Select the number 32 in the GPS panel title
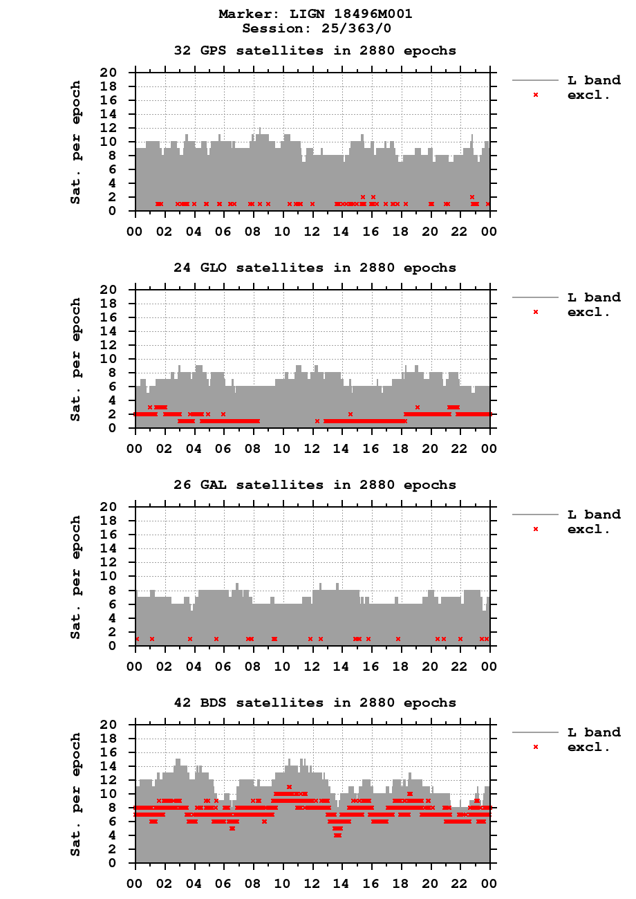tap(182, 50)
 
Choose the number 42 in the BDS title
tap(182, 703)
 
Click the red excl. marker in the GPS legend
tap(535, 95)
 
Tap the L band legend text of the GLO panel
tap(594, 297)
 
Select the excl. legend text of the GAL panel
tap(588, 529)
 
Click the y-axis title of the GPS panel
tap(76, 142)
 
